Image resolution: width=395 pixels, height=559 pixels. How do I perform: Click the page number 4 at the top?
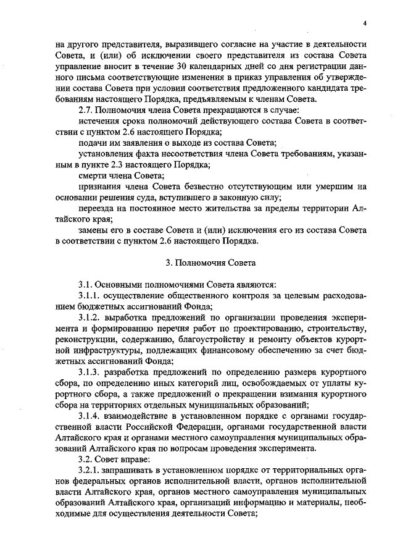(365, 23)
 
